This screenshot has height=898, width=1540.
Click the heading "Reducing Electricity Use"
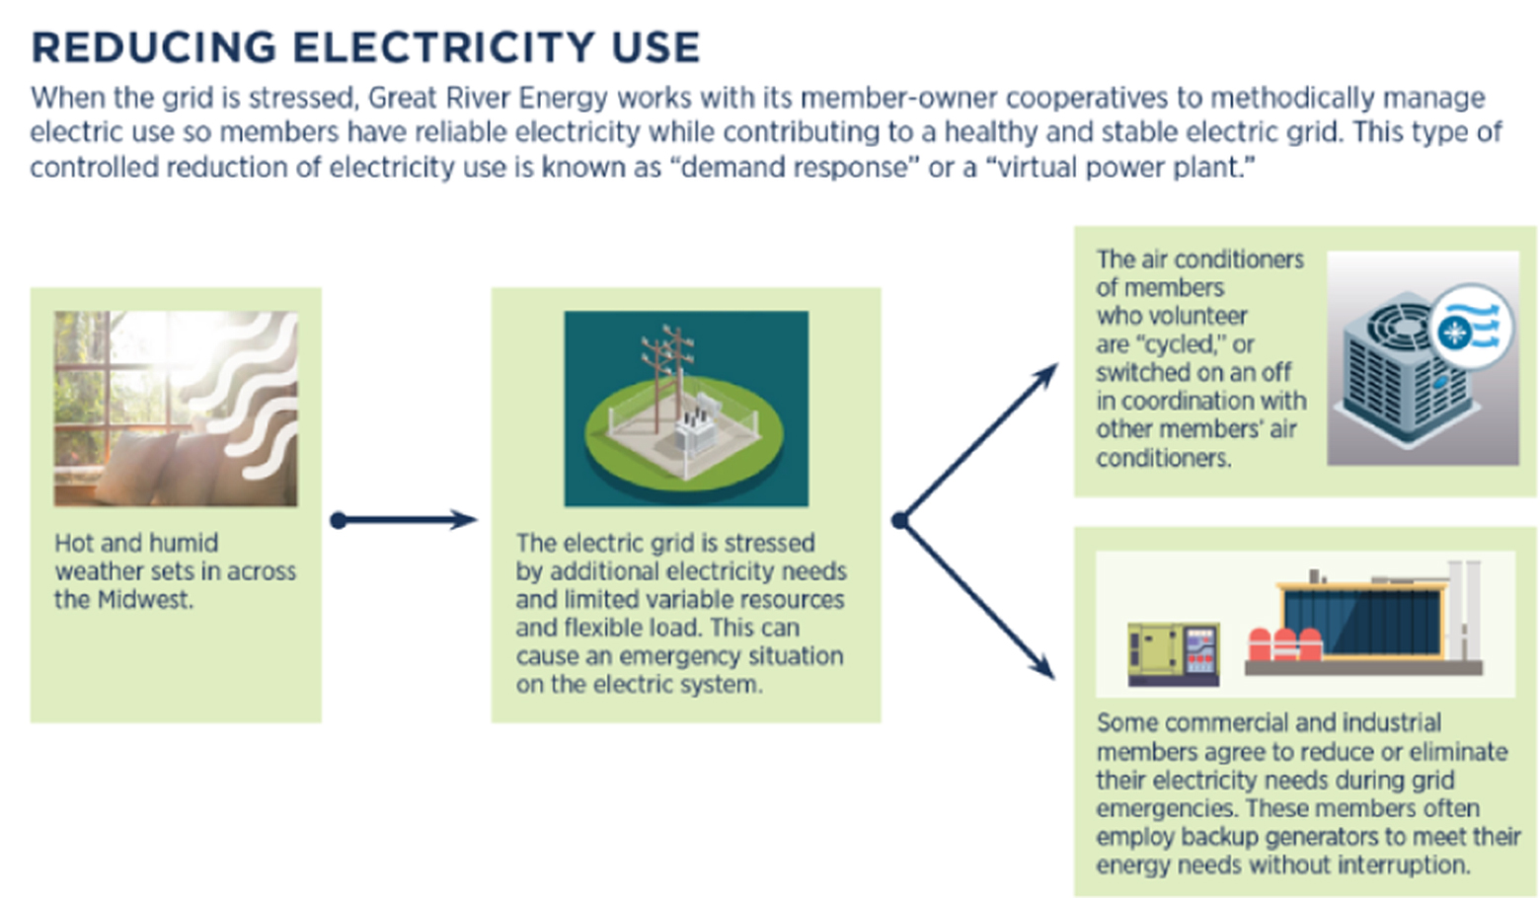click(365, 47)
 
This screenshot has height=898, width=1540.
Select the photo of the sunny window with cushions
click(176, 409)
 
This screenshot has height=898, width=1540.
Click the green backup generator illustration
click(1174, 652)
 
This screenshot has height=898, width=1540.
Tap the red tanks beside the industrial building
click(1283, 643)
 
